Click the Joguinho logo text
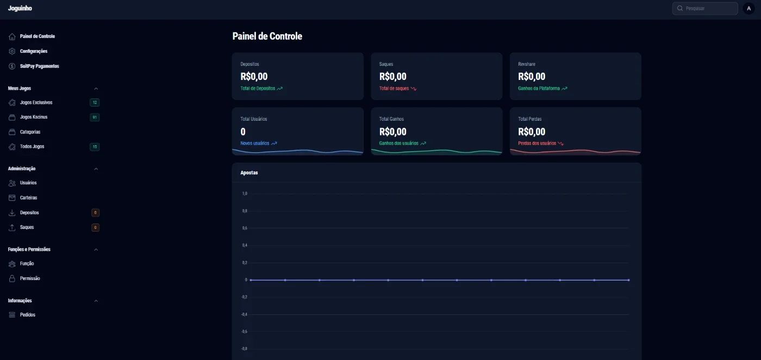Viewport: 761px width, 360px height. (20, 8)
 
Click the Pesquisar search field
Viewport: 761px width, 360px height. (705, 9)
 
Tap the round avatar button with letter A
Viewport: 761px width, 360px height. (749, 9)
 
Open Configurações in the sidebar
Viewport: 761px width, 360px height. (33, 51)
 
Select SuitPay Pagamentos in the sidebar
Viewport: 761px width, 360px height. (39, 66)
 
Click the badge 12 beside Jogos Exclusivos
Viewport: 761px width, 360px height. (95, 102)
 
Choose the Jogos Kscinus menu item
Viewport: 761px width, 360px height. (33, 117)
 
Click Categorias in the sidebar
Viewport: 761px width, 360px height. (30, 132)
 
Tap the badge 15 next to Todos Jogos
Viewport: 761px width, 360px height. (95, 147)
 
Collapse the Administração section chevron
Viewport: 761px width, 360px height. (96, 169)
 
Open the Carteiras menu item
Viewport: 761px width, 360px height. (28, 197)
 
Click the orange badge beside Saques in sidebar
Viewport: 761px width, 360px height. (95, 227)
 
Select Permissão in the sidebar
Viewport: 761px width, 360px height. (29, 278)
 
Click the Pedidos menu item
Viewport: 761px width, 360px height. (28, 315)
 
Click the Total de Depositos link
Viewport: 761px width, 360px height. (258, 89)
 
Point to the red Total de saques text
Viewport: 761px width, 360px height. (394, 89)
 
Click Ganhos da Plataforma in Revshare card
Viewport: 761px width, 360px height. (539, 89)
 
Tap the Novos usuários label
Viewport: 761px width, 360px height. (254, 143)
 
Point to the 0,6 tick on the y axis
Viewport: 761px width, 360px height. (245, 228)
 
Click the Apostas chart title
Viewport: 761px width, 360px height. (249, 173)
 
